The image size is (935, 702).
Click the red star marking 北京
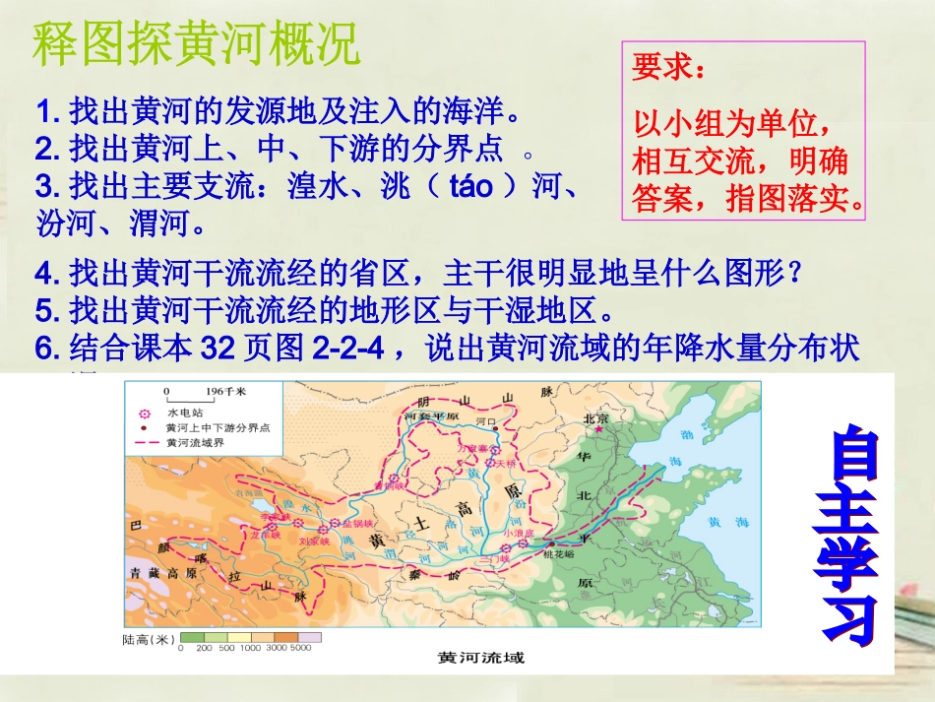point(596,429)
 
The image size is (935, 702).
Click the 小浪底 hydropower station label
point(518,533)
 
